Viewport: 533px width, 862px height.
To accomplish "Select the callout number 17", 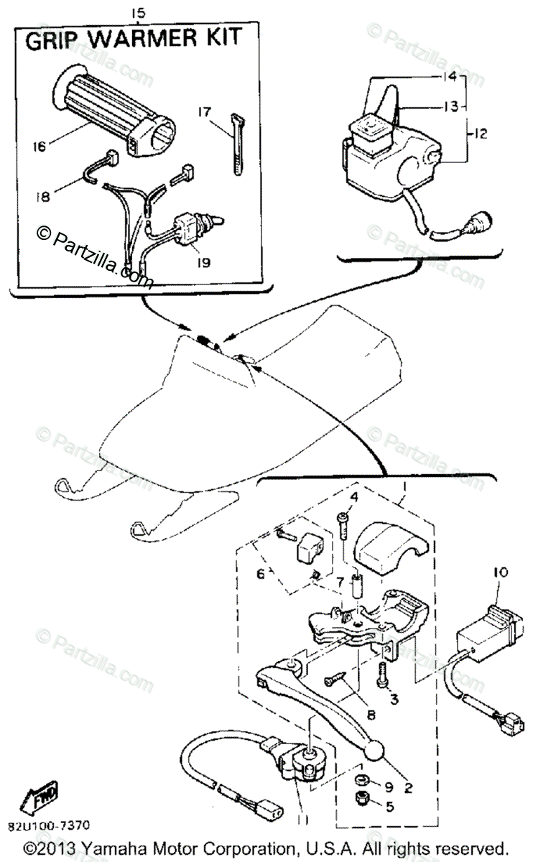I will click(203, 112).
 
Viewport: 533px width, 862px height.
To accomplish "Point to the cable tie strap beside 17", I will click(236, 143).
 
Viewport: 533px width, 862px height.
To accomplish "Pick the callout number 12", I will click(480, 133).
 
